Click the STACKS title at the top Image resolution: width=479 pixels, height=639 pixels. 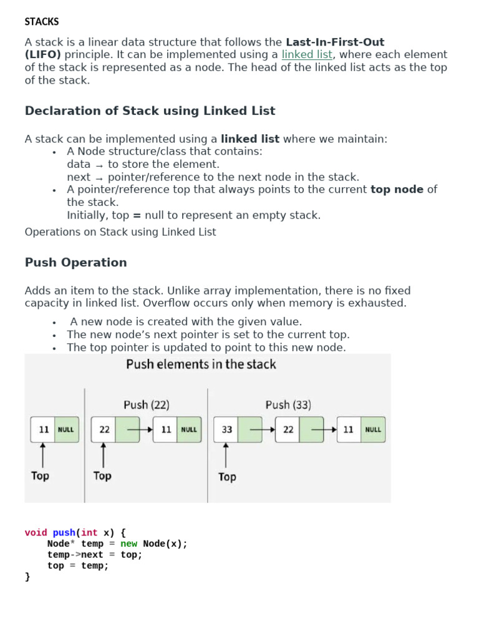(x=42, y=22)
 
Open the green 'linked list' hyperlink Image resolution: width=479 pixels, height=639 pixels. (x=307, y=55)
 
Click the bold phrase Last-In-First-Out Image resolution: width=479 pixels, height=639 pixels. (x=335, y=42)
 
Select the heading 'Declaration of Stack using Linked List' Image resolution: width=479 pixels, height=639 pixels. (x=150, y=111)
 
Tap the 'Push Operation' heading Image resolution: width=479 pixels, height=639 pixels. (x=75, y=263)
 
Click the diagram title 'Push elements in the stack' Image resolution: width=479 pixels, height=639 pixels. (x=201, y=364)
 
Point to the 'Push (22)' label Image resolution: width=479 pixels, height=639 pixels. (x=146, y=404)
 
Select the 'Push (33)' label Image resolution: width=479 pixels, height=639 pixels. (x=288, y=404)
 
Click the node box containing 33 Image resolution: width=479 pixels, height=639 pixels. (x=226, y=429)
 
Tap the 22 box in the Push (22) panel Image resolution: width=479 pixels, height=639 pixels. (x=104, y=429)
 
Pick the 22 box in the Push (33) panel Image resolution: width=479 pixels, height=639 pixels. (x=288, y=429)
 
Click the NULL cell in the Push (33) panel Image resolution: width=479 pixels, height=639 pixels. (x=373, y=429)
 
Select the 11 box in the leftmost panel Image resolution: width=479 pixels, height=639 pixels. (x=43, y=429)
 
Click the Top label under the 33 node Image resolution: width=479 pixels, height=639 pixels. (x=227, y=477)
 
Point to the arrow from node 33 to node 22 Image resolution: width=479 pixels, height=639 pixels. (x=263, y=429)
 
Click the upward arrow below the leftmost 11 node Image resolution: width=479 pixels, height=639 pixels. (x=43, y=455)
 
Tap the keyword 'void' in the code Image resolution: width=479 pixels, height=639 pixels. (x=36, y=533)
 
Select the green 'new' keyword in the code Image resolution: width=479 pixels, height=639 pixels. (x=128, y=544)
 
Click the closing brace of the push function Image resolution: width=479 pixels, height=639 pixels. (x=27, y=577)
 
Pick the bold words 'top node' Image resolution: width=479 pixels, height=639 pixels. (x=397, y=190)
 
